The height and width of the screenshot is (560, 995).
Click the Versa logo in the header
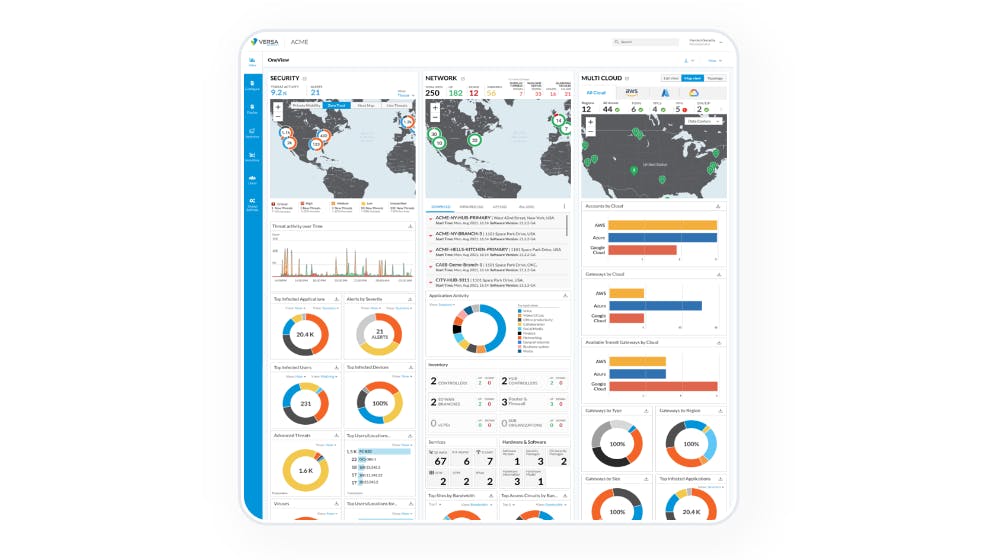coord(266,42)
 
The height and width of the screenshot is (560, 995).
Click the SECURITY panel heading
coord(284,77)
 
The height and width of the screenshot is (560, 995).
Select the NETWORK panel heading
coord(441,77)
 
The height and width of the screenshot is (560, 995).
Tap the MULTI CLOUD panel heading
coord(603,77)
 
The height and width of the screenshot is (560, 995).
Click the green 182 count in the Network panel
coord(455,92)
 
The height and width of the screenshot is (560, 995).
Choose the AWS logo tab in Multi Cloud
coord(632,92)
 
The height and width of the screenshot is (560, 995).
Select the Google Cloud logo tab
coord(694,92)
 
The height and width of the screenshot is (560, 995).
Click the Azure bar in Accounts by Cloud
coord(662,238)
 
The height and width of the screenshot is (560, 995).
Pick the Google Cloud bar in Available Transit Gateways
coord(663,385)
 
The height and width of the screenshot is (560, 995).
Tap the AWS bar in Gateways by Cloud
coord(640,293)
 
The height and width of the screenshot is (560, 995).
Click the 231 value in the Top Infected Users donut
coord(306,403)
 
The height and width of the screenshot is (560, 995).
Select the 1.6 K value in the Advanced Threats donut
coord(306,469)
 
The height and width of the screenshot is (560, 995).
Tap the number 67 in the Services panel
coord(440,460)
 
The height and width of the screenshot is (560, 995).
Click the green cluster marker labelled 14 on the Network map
coord(558,121)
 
